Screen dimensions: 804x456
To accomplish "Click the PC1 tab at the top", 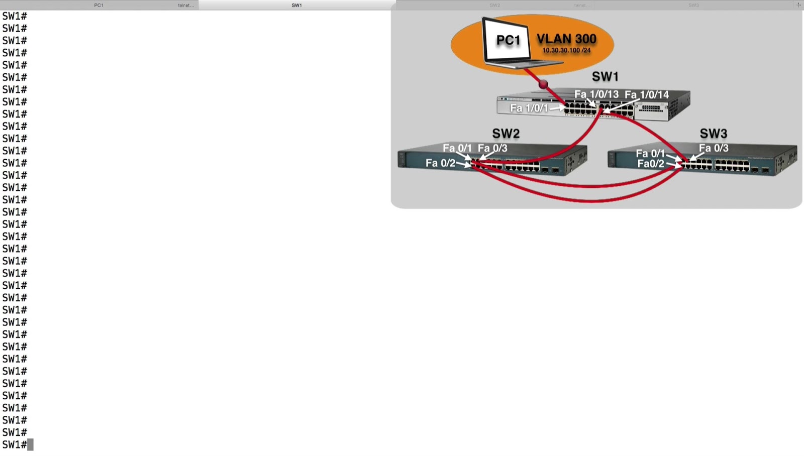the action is [98, 5].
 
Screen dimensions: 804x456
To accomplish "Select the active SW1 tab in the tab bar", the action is [296, 5].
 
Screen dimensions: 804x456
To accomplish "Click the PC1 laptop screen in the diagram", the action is [507, 41].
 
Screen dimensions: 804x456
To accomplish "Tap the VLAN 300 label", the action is [566, 39].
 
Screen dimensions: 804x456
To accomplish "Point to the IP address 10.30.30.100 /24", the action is [566, 50].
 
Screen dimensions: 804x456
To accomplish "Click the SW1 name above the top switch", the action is [605, 76].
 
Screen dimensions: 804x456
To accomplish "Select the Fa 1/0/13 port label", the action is [596, 94].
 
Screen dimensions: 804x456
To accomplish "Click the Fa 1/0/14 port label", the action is [647, 94].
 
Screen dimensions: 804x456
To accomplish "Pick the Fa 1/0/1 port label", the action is [529, 108].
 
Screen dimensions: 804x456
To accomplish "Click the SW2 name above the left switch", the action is [506, 134].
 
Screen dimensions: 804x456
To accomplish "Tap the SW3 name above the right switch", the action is [714, 134].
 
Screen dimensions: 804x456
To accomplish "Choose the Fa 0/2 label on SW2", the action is [440, 163].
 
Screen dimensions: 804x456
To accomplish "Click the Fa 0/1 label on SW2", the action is [457, 148].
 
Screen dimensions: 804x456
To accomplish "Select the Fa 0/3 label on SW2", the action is [492, 148].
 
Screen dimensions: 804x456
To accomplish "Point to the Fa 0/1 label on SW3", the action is [650, 153].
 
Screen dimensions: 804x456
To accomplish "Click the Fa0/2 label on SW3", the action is [651, 164].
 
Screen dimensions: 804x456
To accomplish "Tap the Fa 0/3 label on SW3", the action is [714, 148].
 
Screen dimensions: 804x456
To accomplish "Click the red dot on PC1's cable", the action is [543, 84].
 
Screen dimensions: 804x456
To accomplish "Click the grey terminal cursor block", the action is [31, 444].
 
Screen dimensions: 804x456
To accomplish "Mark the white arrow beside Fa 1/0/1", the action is [557, 107].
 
